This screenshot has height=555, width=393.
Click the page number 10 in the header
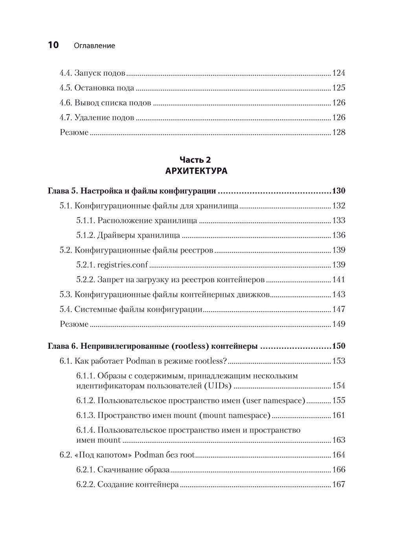53,45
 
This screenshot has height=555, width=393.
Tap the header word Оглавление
94,46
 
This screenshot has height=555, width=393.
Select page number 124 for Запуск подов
338,73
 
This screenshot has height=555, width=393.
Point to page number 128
338,132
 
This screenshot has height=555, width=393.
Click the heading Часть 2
195,159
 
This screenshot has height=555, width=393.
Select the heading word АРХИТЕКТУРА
196,171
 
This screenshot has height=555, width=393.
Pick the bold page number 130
338,191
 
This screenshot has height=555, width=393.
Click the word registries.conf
123,265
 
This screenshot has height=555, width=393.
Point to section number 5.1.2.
85,235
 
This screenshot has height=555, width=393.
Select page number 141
338,280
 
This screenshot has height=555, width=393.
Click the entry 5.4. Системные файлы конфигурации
131,310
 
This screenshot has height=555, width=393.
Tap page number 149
338,324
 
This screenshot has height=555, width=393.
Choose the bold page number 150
338,346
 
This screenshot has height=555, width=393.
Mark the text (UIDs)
217,386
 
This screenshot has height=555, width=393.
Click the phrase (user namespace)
274,401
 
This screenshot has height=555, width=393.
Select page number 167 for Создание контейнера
338,484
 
